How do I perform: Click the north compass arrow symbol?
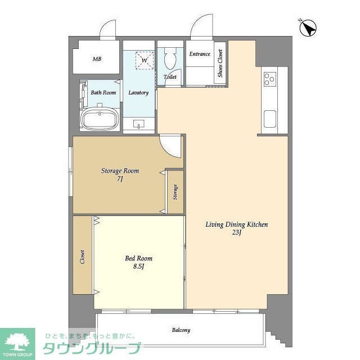tap(308, 28)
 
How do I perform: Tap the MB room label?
tap(97, 59)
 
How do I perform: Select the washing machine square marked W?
tap(145, 60)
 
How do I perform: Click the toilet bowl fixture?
tap(170, 58)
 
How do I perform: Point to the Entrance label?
tap(200, 54)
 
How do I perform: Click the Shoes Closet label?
tap(220, 63)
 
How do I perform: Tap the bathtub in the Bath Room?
tap(100, 119)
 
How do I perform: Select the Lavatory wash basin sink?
tap(139, 124)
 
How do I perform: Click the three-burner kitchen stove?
tap(269, 79)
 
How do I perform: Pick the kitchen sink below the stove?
tap(270, 119)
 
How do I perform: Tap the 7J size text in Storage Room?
tap(120, 179)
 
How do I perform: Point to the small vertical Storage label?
tap(175, 192)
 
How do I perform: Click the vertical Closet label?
tap(82, 256)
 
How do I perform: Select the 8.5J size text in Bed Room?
tap(138, 266)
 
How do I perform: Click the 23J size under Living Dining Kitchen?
tap(236, 232)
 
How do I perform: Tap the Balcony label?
tap(181, 330)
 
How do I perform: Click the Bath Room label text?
tap(103, 92)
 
